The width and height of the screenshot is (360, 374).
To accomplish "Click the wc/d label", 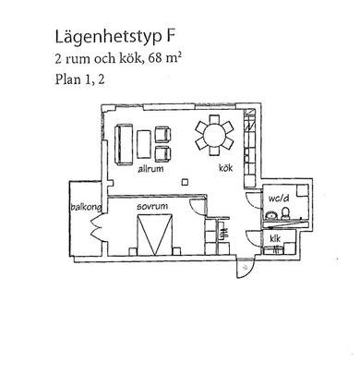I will [280, 198].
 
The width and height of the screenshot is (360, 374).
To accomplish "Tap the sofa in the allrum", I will [123, 143].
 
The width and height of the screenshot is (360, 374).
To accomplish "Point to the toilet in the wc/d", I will [289, 218].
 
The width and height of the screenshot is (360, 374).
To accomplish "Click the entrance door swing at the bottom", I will [243, 268].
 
